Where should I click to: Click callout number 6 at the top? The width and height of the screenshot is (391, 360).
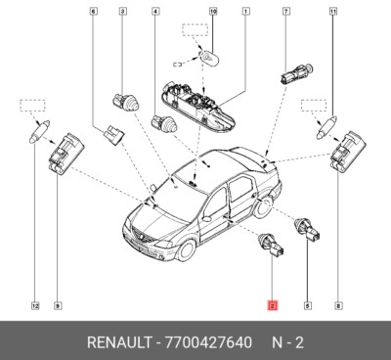(x=94, y=12)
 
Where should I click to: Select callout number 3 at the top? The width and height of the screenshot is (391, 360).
(x=122, y=12)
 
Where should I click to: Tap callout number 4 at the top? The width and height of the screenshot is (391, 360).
(x=155, y=12)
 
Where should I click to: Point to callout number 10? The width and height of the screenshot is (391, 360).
(x=214, y=12)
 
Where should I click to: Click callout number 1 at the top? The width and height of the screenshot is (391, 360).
(x=244, y=12)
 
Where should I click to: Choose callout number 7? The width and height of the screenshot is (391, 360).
(x=286, y=12)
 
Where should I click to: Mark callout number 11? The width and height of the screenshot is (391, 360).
(x=333, y=12)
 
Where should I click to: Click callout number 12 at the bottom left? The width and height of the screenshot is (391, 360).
(x=34, y=306)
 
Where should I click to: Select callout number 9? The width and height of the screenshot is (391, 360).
(x=58, y=306)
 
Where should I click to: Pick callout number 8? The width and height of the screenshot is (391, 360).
(x=340, y=306)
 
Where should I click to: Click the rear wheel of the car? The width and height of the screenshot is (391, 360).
(x=262, y=207)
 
